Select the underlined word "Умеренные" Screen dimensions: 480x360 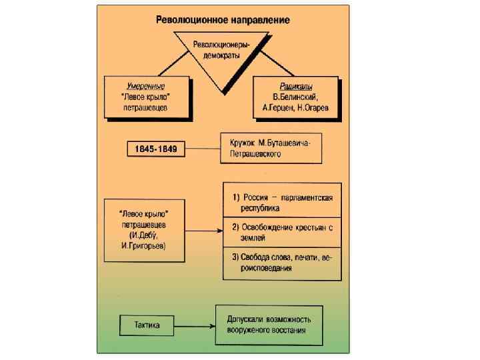[x=146, y=87]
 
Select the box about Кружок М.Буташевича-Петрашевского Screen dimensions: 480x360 [x=271, y=148]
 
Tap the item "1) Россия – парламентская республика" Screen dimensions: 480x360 [x=282, y=202]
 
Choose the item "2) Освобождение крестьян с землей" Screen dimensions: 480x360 [x=282, y=231]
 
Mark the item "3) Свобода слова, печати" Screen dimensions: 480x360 [x=282, y=262]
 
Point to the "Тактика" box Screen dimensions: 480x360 [x=147, y=326]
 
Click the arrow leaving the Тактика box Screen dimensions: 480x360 [x=195, y=326]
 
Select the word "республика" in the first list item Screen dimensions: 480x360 [x=251, y=208]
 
